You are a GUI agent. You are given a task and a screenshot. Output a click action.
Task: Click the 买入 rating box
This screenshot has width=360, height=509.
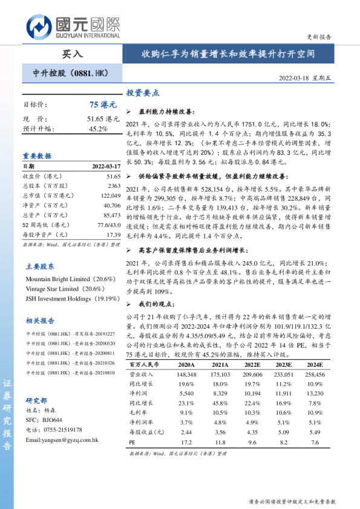pos(72,54)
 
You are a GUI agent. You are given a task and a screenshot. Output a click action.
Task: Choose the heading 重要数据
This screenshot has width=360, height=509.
pos(37,155)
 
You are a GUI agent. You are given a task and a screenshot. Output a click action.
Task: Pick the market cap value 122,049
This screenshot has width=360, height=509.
pos(108,196)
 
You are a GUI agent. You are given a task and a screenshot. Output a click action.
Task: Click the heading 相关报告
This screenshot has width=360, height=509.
pos(39,320)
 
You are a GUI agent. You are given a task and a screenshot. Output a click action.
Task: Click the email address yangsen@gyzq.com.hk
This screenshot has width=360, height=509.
pos(62,439)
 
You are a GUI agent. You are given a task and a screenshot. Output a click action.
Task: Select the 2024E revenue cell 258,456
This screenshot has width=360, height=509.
pos(314,375)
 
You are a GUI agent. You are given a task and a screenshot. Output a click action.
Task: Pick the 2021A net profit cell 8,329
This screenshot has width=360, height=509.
pos(218,394)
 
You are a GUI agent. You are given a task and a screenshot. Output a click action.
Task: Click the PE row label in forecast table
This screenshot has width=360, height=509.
pos(133,442)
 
